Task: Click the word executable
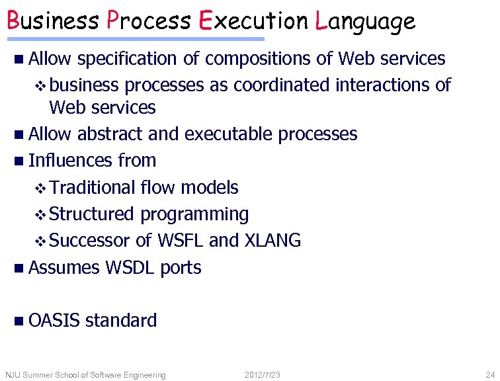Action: [229, 134]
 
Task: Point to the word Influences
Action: [71, 161]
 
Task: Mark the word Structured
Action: [91, 214]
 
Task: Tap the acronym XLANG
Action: [272, 241]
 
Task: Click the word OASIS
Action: [54, 321]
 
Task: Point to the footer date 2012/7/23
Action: [262, 375]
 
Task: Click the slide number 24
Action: [489, 375]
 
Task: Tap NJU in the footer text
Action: [13, 375]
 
